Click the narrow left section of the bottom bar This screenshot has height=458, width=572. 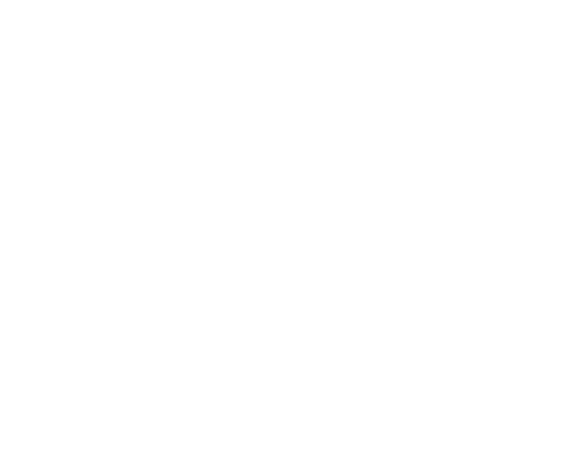(102, 311)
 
